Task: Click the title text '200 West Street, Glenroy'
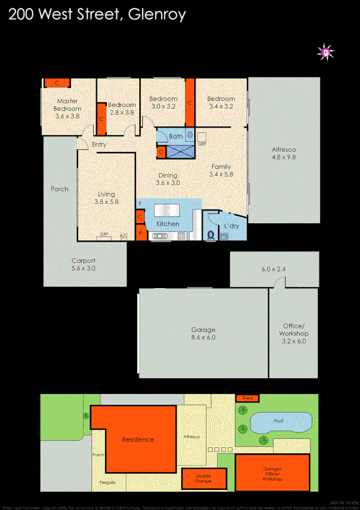[x=97, y=15]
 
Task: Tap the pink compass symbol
[x=326, y=53]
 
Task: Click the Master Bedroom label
[x=67, y=105]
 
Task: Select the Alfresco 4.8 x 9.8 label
[x=284, y=153]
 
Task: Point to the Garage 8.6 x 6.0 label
[x=203, y=333]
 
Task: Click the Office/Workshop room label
[x=293, y=333]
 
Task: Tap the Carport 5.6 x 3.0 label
[x=84, y=265]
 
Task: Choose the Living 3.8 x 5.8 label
[x=106, y=198]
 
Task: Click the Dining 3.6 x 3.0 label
[x=168, y=179]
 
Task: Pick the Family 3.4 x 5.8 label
[x=221, y=170]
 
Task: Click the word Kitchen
[x=168, y=224]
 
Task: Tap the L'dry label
[x=231, y=226]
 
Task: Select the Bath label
[x=175, y=137]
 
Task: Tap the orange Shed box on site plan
[x=247, y=398]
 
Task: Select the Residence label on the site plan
[x=138, y=440]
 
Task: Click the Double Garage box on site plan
[x=204, y=479]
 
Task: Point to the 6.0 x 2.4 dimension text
[x=274, y=270]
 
